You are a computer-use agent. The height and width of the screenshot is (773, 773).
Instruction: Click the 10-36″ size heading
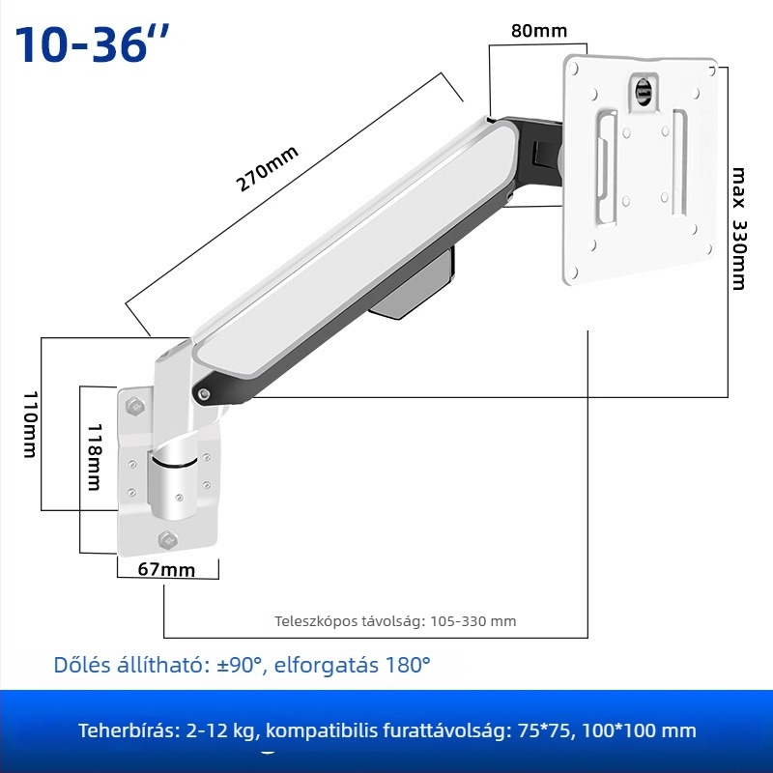tap(92, 43)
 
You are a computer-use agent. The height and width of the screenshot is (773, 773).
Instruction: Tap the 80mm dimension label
tap(539, 31)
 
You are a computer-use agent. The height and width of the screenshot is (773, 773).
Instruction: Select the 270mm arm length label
tap(267, 168)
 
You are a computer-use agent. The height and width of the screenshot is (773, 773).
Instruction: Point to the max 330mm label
tap(739, 228)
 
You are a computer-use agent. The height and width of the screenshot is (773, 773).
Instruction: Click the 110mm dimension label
tap(31, 424)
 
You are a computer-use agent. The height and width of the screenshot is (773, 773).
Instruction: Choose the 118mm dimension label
tap(94, 457)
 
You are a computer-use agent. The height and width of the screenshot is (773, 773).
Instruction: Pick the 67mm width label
tap(166, 569)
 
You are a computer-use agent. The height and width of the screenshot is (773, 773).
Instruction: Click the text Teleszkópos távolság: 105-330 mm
tap(395, 620)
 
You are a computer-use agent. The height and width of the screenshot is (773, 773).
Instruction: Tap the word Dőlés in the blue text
tap(82, 665)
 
